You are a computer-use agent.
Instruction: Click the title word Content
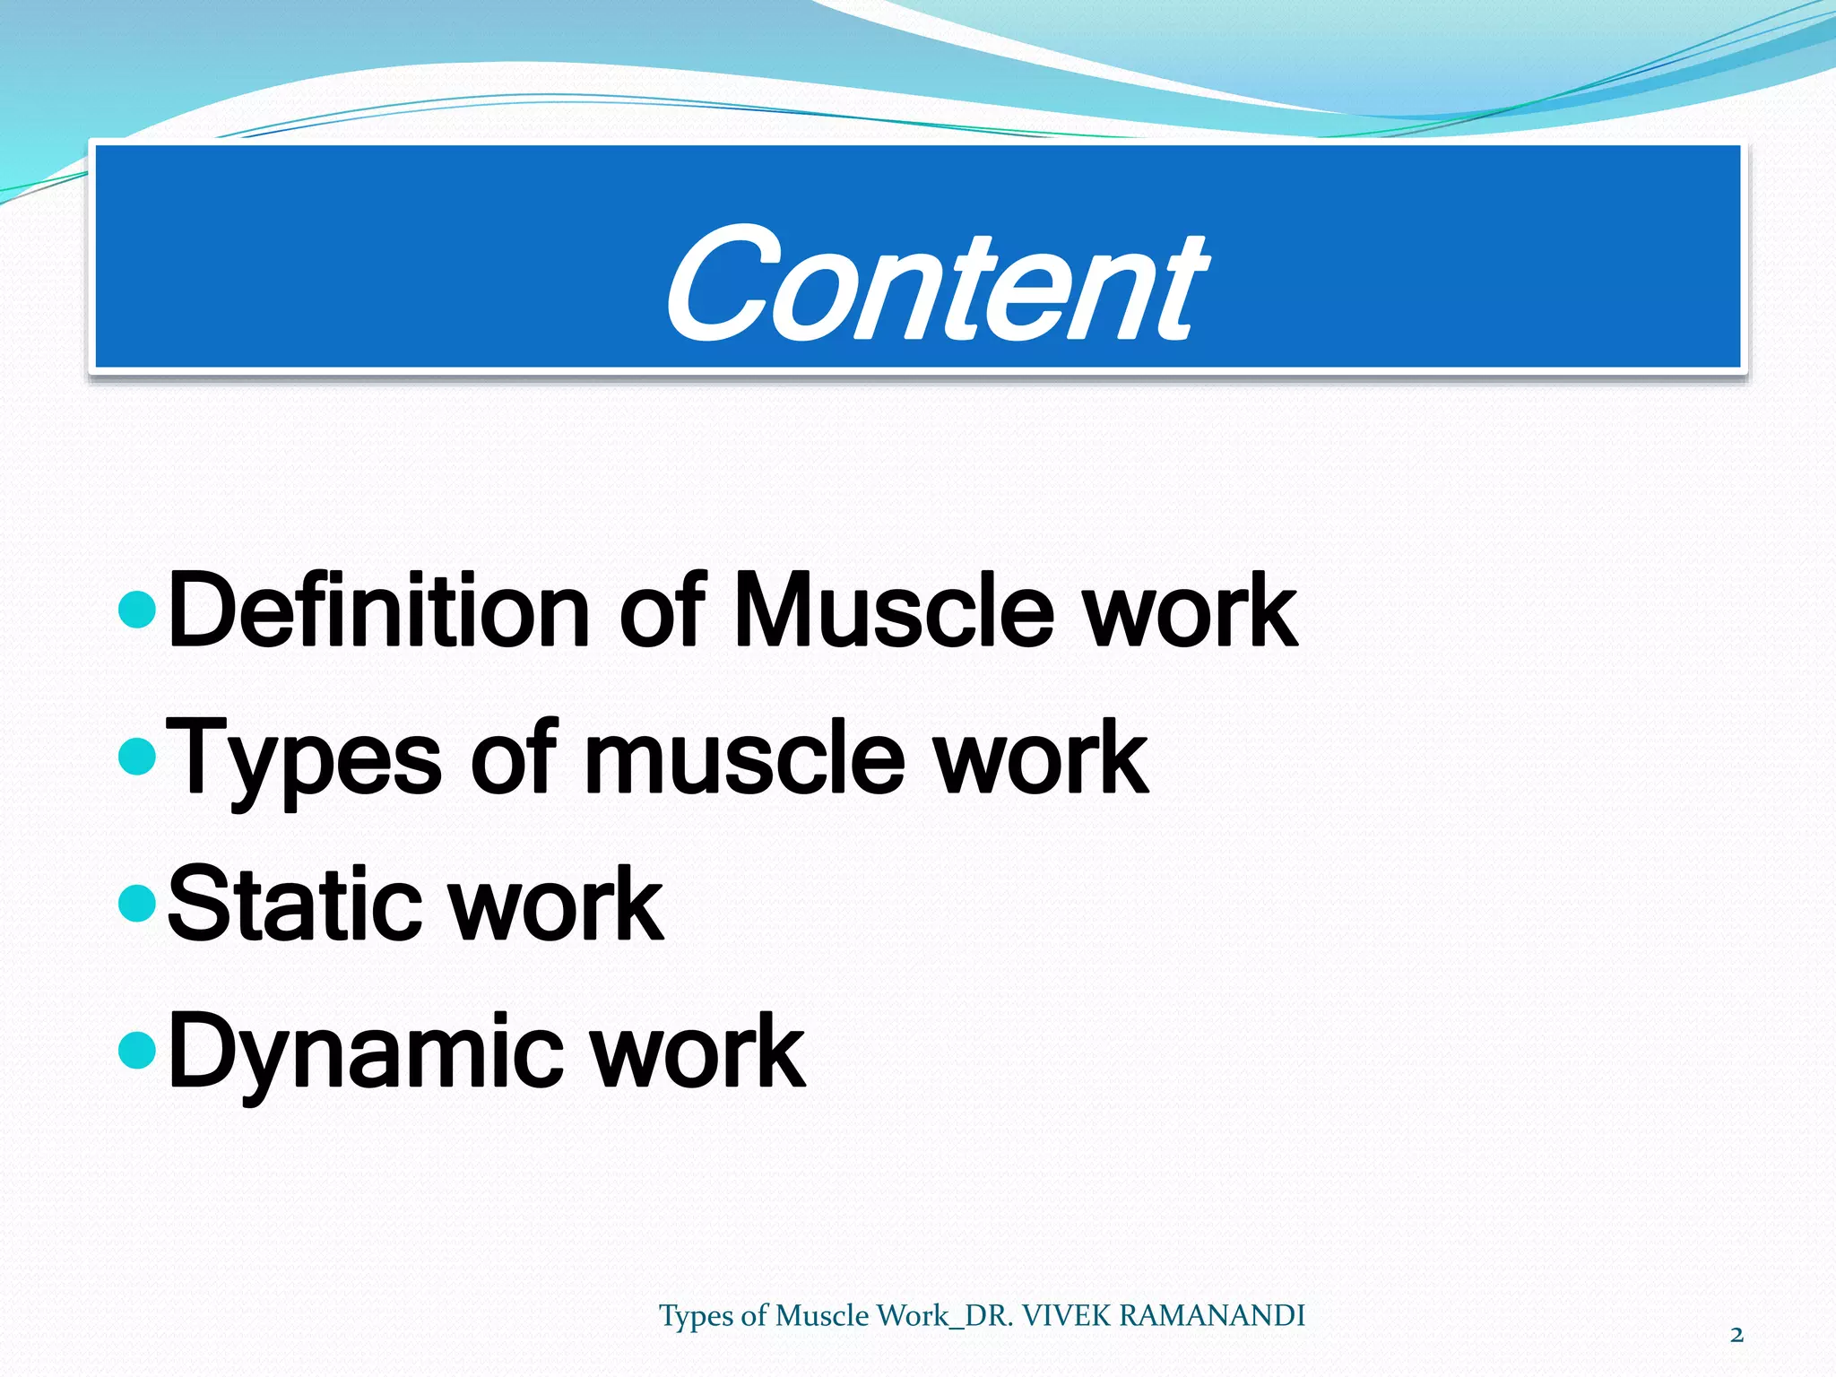coord(935,285)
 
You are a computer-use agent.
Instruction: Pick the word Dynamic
coord(366,1052)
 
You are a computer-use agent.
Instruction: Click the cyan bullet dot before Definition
coord(137,611)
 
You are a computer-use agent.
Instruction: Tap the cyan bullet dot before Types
coord(137,758)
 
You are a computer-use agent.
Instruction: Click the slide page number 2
coord(1736,1336)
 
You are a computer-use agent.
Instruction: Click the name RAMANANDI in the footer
coord(1212,1315)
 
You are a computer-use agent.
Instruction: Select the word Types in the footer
coord(697,1316)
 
